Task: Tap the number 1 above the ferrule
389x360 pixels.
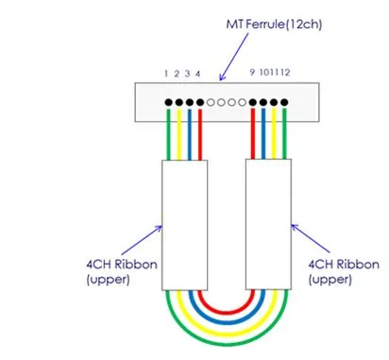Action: click(x=166, y=73)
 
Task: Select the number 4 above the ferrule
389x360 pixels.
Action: click(x=197, y=73)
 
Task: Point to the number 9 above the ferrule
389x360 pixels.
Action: click(x=252, y=73)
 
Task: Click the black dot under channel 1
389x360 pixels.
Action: click(x=168, y=101)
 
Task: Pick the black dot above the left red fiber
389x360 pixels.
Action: click(x=199, y=101)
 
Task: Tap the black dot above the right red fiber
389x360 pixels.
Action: click(x=253, y=101)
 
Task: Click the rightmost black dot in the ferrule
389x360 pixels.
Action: click(x=284, y=101)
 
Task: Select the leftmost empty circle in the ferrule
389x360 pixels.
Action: click(x=211, y=101)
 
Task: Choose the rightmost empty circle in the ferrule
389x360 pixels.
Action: click(x=243, y=101)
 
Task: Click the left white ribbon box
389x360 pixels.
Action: click(x=183, y=224)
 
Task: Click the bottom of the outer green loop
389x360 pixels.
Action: click(x=226, y=347)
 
